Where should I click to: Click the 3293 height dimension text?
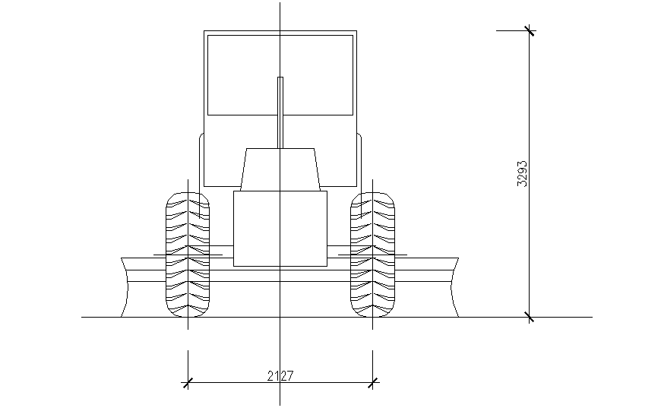click(x=522, y=174)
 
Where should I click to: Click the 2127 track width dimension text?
click(x=280, y=375)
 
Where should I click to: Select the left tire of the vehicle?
click(x=187, y=254)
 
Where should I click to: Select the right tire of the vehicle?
click(x=372, y=254)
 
